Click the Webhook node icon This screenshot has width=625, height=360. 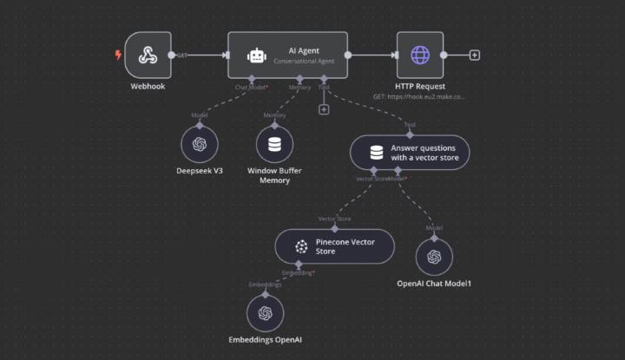coord(148,55)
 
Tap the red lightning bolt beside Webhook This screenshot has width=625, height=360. coord(119,55)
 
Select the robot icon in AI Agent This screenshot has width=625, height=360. coord(256,56)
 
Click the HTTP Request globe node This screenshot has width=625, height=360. coord(419,55)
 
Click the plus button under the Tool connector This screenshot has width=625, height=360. coord(324,109)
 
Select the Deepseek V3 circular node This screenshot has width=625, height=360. coord(200,144)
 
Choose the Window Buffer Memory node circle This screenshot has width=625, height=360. coord(274,144)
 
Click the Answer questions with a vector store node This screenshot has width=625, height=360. coord(410,153)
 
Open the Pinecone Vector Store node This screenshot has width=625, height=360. coord(334,245)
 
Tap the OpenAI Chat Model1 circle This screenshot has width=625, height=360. coord(434,256)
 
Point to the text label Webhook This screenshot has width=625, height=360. coord(148,87)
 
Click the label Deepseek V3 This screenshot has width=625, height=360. coord(200,170)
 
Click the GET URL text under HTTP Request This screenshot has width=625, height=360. coord(419,97)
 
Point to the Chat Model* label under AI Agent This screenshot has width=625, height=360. coord(251,87)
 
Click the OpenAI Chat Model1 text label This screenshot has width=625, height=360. coord(434,283)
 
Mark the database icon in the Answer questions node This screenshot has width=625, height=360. coord(376,153)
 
